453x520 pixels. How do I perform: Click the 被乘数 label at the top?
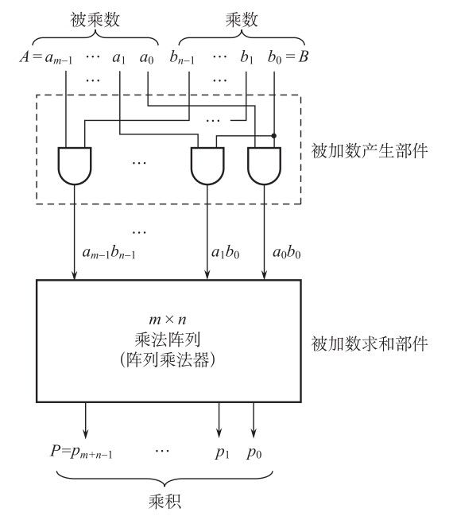(95, 20)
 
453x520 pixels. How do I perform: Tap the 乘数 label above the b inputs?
(242, 20)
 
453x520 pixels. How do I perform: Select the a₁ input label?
(119, 58)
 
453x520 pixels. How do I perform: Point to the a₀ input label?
(147, 58)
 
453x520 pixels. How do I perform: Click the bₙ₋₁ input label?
(182, 57)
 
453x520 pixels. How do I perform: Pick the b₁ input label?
(247, 57)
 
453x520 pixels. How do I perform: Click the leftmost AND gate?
(75, 165)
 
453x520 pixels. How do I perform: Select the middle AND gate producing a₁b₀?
(207, 165)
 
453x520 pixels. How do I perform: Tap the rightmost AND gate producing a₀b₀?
(264, 165)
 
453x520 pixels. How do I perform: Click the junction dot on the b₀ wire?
(273, 136)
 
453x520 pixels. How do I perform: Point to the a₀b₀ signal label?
(287, 253)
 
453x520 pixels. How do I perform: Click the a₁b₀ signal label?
(226, 253)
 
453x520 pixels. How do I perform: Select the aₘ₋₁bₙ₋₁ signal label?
(109, 253)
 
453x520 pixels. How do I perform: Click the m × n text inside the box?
(168, 320)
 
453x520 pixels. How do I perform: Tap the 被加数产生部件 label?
(370, 151)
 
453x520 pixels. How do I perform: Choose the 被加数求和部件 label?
(370, 343)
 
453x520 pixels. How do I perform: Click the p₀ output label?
(254, 452)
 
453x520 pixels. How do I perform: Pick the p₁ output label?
(222, 452)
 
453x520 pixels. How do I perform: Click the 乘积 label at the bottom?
(165, 501)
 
